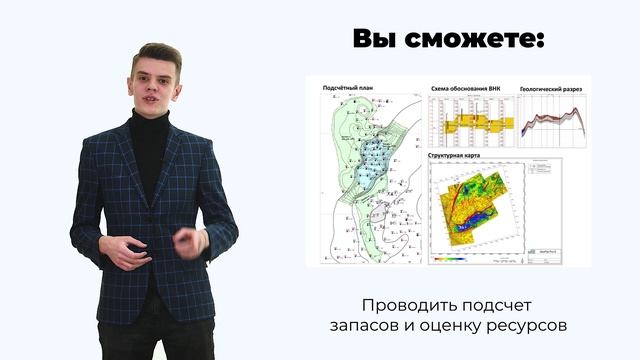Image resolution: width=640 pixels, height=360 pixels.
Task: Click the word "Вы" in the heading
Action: click(x=374, y=40)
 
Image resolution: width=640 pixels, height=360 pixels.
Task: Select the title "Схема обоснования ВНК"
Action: click(x=465, y=89)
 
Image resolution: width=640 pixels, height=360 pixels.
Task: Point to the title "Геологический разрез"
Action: click(x=551, y=89)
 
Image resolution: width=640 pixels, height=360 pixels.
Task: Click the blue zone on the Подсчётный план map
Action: click(x=374, y=160)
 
